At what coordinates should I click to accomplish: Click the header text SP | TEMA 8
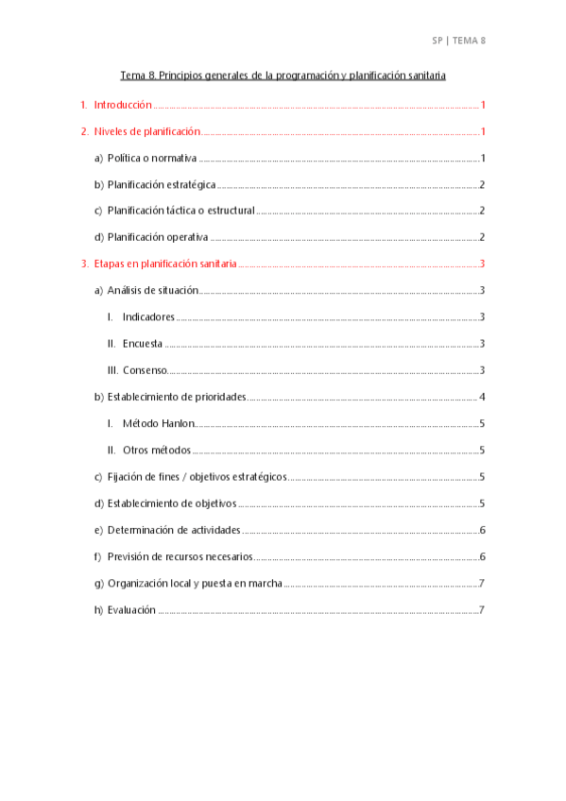(458, 41)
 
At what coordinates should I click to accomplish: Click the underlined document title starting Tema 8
(283, 75)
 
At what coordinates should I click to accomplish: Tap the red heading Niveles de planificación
(147, 132)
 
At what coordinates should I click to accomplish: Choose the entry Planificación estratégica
(162, 185)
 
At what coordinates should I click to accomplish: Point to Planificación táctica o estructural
(180, 211)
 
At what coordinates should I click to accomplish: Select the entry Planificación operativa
(158, 237)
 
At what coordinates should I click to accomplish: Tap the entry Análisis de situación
(152, 290)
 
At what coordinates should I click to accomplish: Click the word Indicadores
(148, 317)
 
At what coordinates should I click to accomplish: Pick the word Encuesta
(143, 344)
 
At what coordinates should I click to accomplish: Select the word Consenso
(145, 370)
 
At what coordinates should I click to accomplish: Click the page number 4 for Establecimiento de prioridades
(482, 397)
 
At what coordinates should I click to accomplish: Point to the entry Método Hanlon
(158, 424)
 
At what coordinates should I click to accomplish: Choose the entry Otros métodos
(157, 451)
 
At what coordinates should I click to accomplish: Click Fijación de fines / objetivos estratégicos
(197, 477)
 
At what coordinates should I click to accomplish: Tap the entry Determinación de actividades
(174, 531)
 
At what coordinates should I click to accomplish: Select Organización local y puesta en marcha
(195, 584)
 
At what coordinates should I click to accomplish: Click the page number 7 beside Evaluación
(482, 610)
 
